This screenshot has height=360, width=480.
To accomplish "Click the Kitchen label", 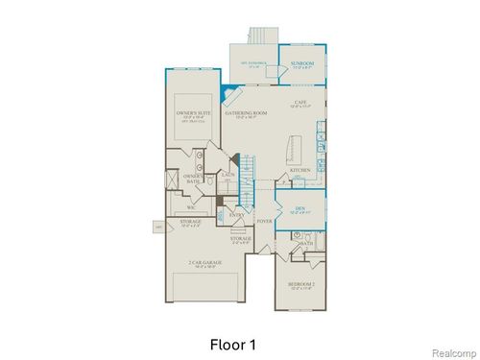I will click(x=300, y=172).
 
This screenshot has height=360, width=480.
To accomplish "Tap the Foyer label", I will click(x=265, y=222).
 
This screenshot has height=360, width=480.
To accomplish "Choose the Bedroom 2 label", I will click(x=300, y=285).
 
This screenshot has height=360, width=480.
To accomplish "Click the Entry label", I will click(x=236, y=216).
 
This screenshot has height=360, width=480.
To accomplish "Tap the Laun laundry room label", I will click(x=228, y=176).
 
